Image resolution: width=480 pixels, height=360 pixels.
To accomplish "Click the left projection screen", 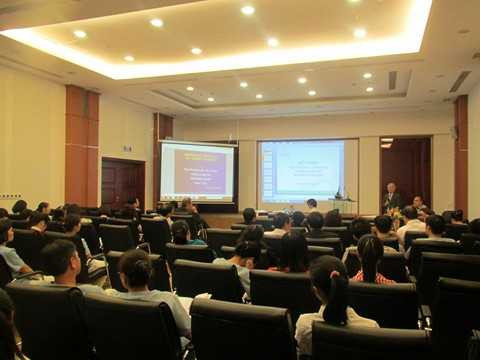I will pyautogui.click(x=197, y=171).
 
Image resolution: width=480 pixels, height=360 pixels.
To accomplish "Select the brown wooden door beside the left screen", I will pyautogui.click(x=122, y=183).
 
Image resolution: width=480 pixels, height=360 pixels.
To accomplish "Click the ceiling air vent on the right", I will pyautogui.click(x=459, y=81).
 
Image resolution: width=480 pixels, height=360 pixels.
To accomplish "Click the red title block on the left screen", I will pyautogui.click(x=198, y=158).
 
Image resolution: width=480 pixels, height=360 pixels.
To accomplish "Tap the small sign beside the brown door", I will pyautogui.click(x=127, y=149).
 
